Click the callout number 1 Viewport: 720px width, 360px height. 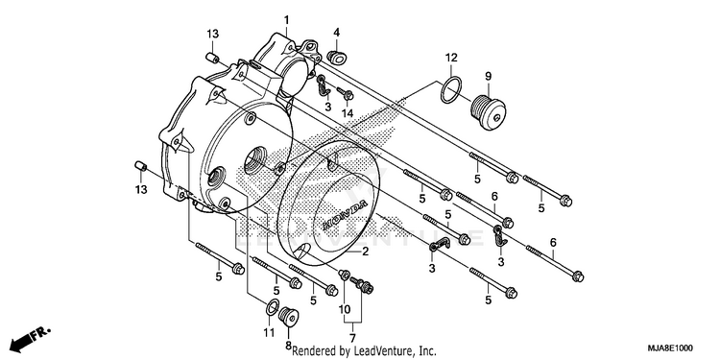coord(286,20)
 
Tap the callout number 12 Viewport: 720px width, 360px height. coord(451,58)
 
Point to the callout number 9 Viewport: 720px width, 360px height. coord(488,76)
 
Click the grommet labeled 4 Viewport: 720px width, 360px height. coord(337,57)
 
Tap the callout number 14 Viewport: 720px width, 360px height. coord(348,113)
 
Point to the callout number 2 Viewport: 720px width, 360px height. coord(366,252)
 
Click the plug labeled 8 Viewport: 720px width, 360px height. coord(289,318)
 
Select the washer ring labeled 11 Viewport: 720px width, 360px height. coord(272,307)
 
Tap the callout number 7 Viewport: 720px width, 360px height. coord(352,339)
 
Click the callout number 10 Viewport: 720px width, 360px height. coord(345,309)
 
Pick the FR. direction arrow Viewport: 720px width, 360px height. coord(31,338)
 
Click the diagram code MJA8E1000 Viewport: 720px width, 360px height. coord(670,348)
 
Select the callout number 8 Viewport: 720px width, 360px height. coord(288,345)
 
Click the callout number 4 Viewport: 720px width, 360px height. coord(337,33)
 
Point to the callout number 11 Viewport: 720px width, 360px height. coord(269,332)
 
